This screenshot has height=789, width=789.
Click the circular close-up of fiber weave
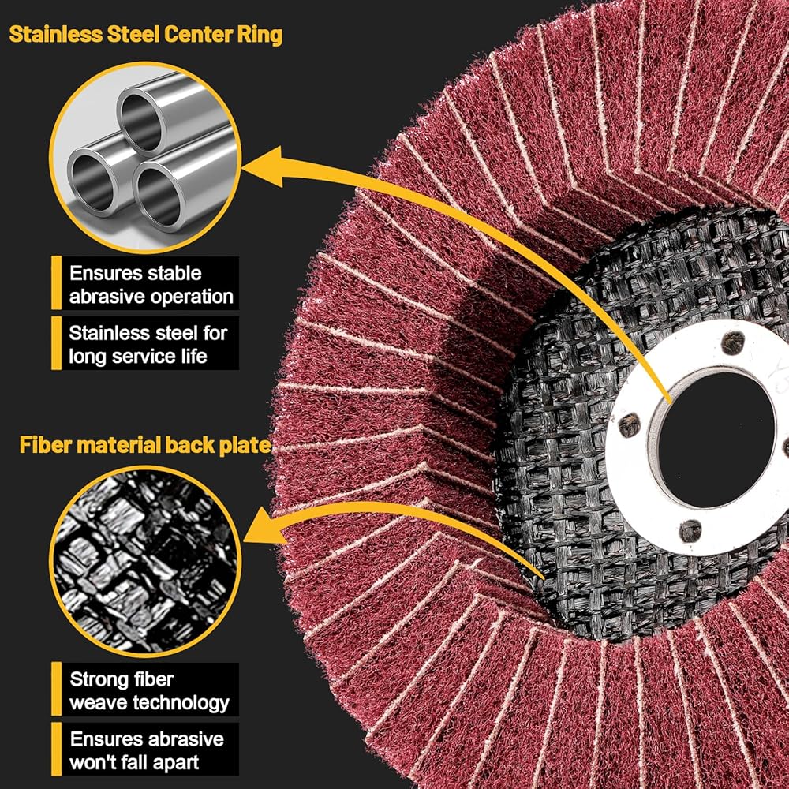click(145, 556)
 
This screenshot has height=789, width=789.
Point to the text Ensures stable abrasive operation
click(151, 285)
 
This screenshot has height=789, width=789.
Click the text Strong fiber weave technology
click(149, 690)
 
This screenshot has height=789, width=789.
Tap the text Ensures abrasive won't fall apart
click(147, 750)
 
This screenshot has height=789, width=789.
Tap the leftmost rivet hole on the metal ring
click(629, 425)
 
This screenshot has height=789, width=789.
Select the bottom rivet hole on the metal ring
click(690, 530)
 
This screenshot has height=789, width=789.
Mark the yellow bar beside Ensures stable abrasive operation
click(56, 284)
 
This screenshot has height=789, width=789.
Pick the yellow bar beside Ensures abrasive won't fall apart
click(56, 750)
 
